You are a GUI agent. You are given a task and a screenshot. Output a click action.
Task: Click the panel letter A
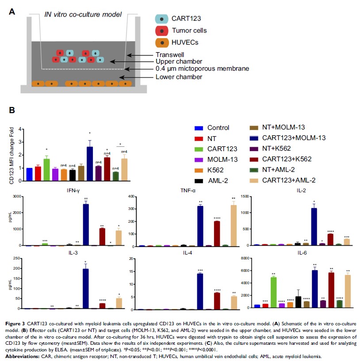tap(12, 12)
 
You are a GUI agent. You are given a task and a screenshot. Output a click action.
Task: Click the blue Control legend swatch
tap(199, 128)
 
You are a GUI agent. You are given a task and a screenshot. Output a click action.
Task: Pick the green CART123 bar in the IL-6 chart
tap(274, 293)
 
